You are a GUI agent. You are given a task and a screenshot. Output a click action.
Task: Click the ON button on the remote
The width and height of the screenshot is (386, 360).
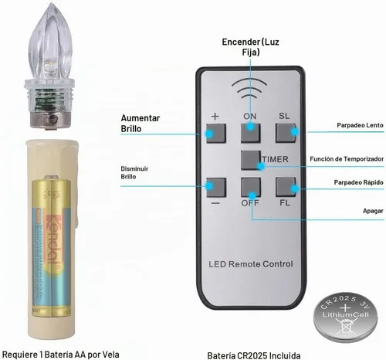[251, 133]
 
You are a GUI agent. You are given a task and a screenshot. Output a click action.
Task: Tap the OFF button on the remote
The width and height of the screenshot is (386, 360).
[251, 187]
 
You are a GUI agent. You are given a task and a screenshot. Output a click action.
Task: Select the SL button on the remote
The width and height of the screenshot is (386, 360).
[286, 133]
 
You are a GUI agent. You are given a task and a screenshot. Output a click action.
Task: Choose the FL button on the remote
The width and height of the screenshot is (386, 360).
[286, 187]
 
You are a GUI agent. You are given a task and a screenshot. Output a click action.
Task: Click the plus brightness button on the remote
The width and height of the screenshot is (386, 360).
[216, 134]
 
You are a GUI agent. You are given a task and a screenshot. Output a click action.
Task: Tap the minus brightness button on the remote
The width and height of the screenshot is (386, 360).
[216, 188]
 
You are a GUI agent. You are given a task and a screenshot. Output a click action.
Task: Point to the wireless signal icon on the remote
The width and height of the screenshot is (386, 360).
[249, 88]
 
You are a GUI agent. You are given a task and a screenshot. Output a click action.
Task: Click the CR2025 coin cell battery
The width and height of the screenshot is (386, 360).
[345, 316]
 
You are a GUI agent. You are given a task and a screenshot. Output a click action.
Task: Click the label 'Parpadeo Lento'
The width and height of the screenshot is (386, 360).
[360, 125]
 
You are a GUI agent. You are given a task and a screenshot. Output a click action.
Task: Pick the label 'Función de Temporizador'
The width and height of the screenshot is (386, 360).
[347, 159]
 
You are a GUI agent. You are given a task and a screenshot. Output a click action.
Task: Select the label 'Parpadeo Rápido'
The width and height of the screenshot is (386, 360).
[358, 182]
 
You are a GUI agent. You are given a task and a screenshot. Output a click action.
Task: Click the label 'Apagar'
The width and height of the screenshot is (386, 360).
[373, 211]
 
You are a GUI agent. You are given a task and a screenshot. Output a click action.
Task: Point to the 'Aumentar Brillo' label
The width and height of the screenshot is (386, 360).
[141, 124]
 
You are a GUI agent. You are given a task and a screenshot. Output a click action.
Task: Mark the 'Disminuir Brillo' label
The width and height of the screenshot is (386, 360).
[134, 172]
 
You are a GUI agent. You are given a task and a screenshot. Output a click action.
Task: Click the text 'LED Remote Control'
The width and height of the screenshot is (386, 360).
[251, 264]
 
